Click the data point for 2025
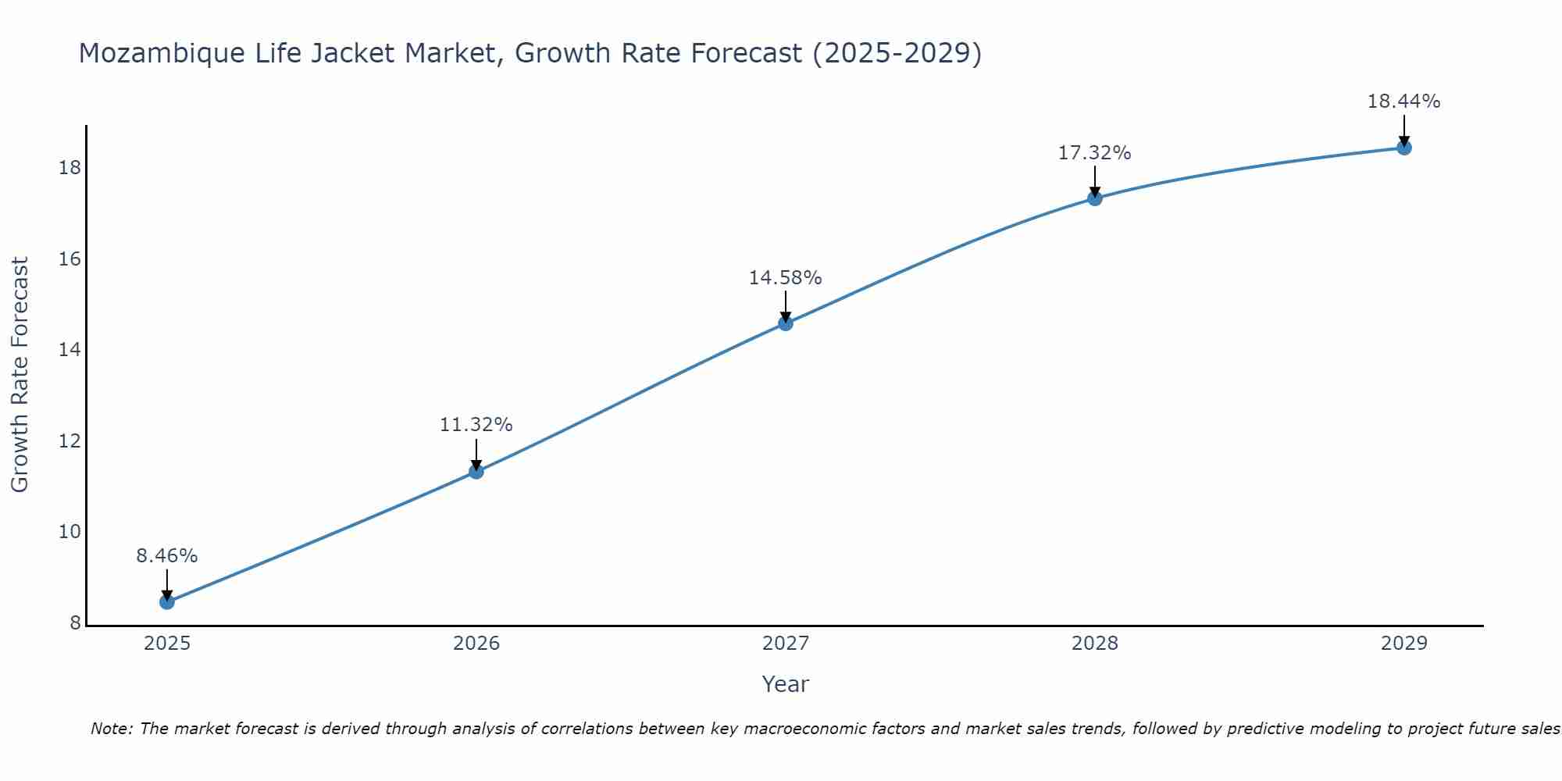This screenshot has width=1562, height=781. tap(166, 601)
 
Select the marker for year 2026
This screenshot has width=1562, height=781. tap(476, 471)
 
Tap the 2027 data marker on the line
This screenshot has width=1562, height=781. tap(785, 323)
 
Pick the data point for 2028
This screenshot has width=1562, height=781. tap(1094, 198)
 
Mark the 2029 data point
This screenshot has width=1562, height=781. tap(1403, 147)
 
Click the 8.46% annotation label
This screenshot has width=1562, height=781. tap(166, 556)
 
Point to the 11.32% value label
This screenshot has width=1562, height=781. tap(476, 425)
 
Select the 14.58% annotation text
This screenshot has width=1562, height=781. tap(785, 278)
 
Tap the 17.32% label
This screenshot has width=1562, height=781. tap(1094, 153)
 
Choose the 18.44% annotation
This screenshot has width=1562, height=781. tap(1403, 102)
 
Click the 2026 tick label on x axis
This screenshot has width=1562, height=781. tap(476, 644)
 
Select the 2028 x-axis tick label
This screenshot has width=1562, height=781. tap(1094, 644)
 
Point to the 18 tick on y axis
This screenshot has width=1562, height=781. tap(70, 168)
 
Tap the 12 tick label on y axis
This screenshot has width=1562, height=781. tap(70, 441)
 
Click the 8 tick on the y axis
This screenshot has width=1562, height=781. tap(75, 623)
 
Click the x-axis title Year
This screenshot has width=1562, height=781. tap(785, 684)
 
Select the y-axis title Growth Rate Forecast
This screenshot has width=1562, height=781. tap(20, 375)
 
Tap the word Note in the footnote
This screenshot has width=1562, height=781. tap(111, 729)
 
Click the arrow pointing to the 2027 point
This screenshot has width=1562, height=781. tap(785, 305)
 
